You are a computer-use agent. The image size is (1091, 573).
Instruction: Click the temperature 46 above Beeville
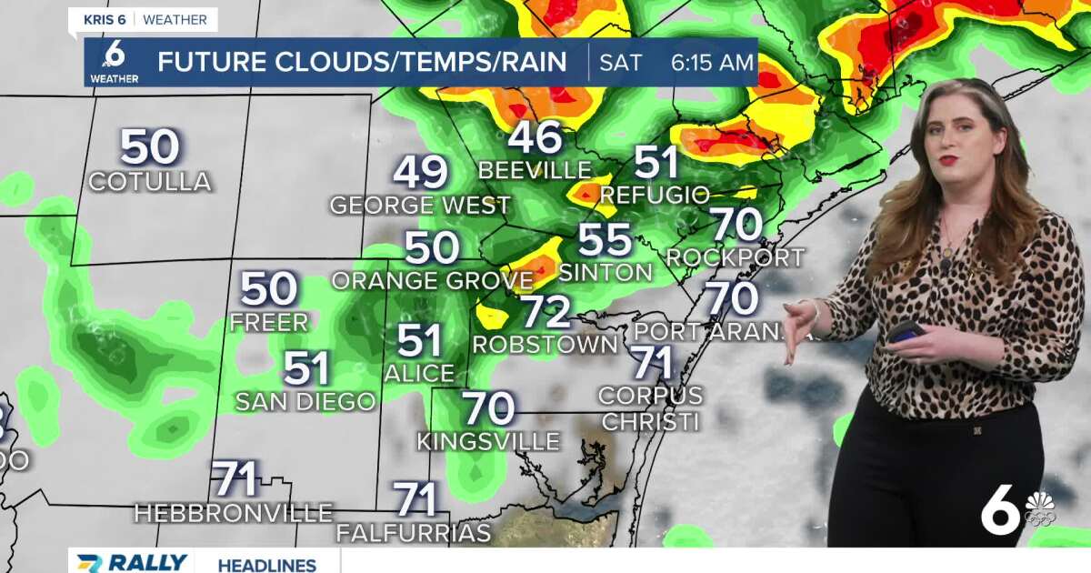click(x=535, y=137)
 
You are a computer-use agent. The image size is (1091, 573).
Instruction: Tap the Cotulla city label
click(x=150, y=182)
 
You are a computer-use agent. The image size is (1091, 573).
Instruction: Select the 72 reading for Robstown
click(x=545, y=312)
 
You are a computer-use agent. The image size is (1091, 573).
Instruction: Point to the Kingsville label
click(x=488, y=442)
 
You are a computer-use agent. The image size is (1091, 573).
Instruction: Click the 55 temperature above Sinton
click(x=605, y=240)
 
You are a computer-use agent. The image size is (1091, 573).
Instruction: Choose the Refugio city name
click(x=655, y=195)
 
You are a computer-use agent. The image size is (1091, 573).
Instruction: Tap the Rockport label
click(x=736, y=257)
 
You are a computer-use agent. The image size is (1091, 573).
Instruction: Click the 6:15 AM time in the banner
click(x=712, y=63)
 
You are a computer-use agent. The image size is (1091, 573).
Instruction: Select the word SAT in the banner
click(x=620, y=63)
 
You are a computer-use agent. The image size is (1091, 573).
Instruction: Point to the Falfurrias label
click(x=414, y=533)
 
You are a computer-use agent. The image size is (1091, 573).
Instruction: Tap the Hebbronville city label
click(x=234, y=513)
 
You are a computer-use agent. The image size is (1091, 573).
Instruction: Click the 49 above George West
click(x=421, y=172)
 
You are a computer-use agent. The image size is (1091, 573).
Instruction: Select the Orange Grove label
click(x=432, y=280)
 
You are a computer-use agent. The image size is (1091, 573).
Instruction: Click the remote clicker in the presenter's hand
click(x=906, y=332)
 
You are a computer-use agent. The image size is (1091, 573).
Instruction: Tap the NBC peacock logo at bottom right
click(x=1040, y=508)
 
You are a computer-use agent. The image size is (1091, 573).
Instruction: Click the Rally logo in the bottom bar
click(x=132, y=563)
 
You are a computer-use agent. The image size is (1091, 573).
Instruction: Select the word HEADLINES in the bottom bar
click(x=266, y=565)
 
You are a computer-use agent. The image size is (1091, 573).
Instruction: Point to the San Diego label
click(x=305, y=401)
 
